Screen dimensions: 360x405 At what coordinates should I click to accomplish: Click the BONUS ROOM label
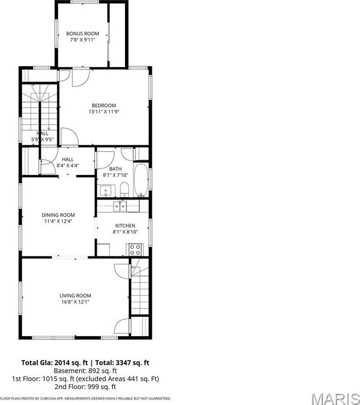tap(82, 33)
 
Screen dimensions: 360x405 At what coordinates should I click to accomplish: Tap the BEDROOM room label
tap(104, 105)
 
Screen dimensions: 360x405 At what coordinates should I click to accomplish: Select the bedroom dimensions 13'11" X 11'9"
tap(104, 112)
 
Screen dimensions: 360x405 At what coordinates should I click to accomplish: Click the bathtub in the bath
tap(141, 180)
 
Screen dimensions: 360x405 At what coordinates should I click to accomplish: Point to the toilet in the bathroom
tap(125, 189)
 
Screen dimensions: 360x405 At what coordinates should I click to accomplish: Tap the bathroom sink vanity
tap(108, 191)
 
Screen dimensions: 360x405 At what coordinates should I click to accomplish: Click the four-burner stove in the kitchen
tap(135, 250)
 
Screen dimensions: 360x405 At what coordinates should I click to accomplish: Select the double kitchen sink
tap(120, 206)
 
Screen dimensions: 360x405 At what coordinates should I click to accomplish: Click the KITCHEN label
tap(125, 226)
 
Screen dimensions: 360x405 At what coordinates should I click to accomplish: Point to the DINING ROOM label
tap(58, 215)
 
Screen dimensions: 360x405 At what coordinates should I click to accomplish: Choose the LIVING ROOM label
tap(75, 296)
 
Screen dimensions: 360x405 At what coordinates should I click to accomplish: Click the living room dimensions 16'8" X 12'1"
tap(75, 302)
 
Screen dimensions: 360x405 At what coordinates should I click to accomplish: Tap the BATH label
tap(115, 169)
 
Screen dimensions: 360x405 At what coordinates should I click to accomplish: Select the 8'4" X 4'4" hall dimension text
tap(68, 166)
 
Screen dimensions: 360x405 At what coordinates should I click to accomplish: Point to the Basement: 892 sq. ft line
tap(85, 371)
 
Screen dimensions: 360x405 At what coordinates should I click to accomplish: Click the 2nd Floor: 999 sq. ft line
tap(85, 386)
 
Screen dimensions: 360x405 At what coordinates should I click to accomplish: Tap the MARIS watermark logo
tap(336, 400)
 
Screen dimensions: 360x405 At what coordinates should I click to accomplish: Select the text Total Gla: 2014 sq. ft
tap(55, 362)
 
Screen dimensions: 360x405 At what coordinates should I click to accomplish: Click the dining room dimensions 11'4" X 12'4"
tap(58, 221)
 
